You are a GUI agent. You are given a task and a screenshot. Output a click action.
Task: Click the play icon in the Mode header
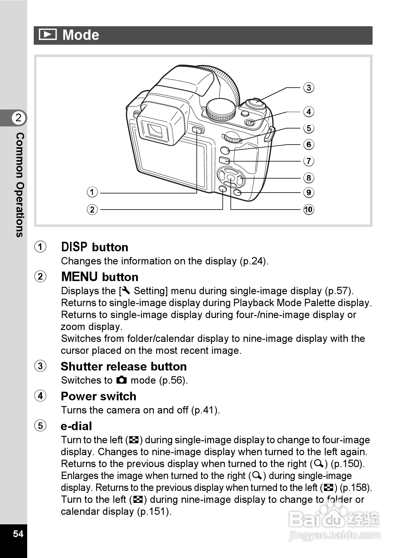(48, 35)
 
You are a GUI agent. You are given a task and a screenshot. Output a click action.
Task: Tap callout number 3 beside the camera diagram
(309, 88)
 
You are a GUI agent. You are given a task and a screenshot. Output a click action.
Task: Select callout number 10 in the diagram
(309, 210)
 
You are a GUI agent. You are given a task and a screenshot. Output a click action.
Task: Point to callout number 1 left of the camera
(92, 192)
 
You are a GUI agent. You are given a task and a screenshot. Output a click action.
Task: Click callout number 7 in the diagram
(309, 161)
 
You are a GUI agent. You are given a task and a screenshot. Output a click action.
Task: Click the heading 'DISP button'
(95, 247)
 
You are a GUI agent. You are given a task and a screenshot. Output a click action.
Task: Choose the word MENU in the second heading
(79, 277)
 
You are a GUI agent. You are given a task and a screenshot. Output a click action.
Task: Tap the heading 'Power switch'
(99, 396)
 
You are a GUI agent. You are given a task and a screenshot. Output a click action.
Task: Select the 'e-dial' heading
(76, 426)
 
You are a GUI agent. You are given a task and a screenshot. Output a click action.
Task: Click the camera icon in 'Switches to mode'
(122, 380)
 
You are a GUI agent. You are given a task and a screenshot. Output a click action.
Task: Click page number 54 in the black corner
(18, 533)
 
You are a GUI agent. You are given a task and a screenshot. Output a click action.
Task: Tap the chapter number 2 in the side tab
(19, 118)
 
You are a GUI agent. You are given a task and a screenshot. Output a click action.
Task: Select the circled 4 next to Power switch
(41, 396)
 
